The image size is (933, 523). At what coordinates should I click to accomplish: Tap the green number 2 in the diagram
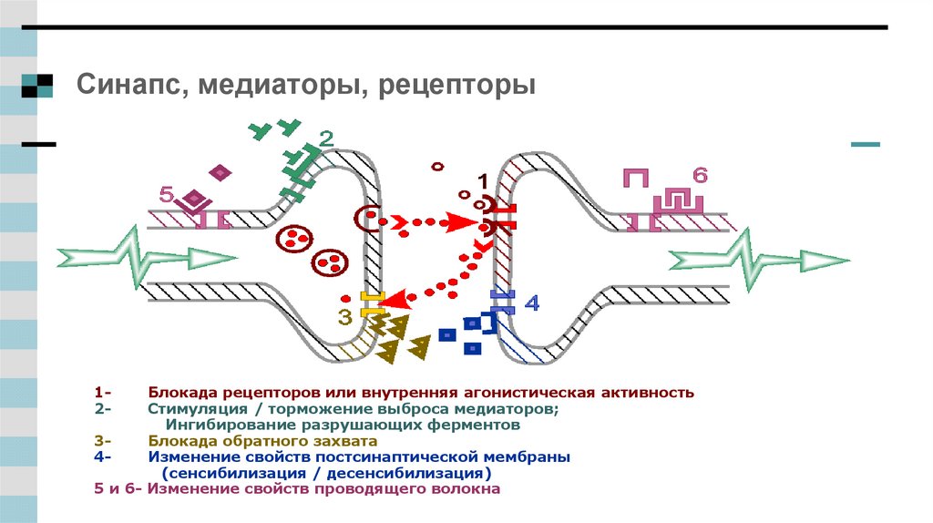click(325, 139)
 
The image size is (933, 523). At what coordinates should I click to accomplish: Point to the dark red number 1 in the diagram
click(483, 180)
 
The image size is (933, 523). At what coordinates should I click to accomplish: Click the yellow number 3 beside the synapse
click(344, 316)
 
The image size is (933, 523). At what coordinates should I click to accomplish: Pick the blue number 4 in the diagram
click(532, 303)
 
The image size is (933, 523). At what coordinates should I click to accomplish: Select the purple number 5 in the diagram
click(165, 194)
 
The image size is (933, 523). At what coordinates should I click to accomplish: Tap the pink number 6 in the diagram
click(699, 174)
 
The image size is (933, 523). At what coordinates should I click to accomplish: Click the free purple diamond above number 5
click(220, 172)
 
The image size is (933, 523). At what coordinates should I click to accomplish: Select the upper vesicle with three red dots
click(293, 239)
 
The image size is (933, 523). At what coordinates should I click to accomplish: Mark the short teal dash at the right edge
click(865, 145)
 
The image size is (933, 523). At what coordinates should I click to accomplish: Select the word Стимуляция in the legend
click(197, 409)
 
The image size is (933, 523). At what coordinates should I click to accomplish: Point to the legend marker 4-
click(102, 456)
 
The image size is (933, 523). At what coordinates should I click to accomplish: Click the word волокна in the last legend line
click(465, 489)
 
